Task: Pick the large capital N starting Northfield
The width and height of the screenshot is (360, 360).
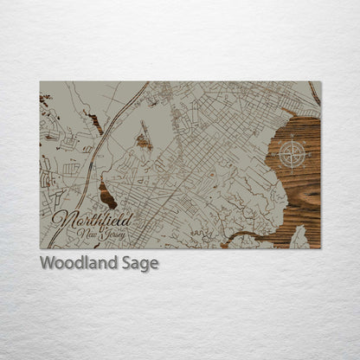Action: pos(61,218)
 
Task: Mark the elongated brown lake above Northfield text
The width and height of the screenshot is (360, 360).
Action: pos(107,193)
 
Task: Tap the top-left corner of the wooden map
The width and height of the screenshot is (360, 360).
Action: pos(40,82)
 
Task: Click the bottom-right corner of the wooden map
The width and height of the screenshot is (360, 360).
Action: pos(320,248)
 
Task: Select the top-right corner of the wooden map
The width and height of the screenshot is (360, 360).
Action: pos(320,82)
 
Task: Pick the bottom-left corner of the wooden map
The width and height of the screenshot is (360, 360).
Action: pos(40,248)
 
